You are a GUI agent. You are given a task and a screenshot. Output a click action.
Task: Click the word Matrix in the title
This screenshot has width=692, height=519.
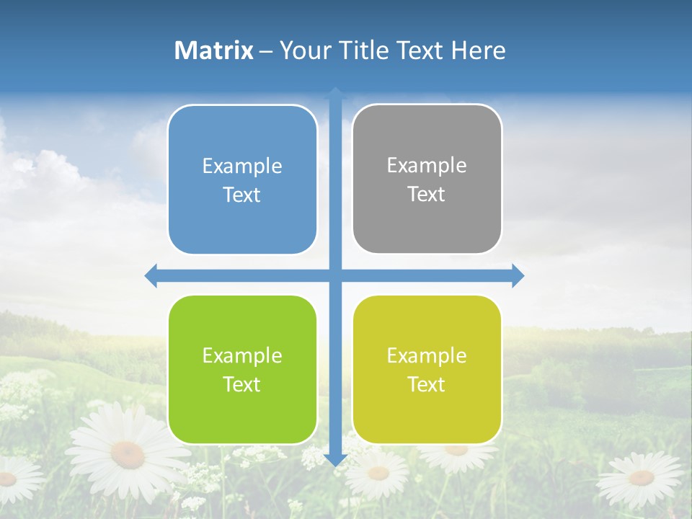coord(213,50)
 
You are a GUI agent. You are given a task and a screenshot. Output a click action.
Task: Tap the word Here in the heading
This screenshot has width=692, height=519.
coord(478,50)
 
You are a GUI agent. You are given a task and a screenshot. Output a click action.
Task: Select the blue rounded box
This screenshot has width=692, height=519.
coord(242,179)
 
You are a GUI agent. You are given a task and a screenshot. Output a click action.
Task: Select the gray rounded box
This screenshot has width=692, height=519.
coord(427,179)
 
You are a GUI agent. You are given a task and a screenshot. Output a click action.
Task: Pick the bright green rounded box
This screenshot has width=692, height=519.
coord(242,369)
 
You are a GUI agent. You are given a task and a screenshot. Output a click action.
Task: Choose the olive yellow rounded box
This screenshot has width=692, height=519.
coord(427,369)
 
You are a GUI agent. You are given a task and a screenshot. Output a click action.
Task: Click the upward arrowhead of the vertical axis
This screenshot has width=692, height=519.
coord(335,92)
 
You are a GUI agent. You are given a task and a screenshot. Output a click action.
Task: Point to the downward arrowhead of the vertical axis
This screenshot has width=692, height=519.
coord(335,459)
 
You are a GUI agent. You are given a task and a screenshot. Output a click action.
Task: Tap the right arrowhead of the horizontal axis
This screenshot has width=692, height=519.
coord(518,275)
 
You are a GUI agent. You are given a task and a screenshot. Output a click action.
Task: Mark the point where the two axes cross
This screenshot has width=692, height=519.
coord(335,275)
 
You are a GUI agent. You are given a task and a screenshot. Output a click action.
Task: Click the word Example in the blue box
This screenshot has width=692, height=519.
coord(242,167)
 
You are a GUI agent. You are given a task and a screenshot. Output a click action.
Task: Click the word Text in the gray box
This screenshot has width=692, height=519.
coord(427,194)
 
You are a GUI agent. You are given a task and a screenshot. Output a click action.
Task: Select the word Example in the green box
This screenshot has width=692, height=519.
coord(242,355)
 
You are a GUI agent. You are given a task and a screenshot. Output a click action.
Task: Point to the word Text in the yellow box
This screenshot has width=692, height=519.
coord(427,384)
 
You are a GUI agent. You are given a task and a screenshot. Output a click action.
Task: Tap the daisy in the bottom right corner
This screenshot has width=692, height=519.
coord(641,478)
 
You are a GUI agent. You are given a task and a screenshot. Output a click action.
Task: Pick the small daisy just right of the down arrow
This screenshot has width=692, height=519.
coord(378,474)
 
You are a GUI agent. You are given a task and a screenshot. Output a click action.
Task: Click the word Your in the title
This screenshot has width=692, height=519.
coord(305,50)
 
